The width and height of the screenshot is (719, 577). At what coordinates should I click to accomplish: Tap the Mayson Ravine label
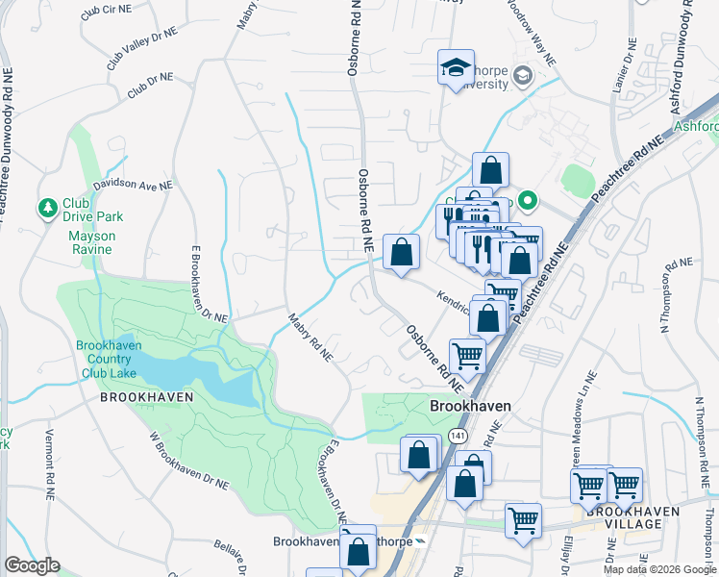(91, 242)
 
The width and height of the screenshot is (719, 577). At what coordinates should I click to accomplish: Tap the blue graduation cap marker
(457, 68)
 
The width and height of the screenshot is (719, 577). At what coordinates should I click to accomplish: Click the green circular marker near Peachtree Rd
(527, 201)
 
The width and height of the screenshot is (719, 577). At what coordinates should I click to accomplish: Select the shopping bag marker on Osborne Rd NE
(401, 253)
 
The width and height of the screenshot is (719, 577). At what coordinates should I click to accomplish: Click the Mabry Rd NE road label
(310, 337)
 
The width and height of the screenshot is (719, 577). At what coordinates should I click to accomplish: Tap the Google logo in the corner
(32, 565)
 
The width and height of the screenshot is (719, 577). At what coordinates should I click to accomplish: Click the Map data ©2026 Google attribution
(658, 569)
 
